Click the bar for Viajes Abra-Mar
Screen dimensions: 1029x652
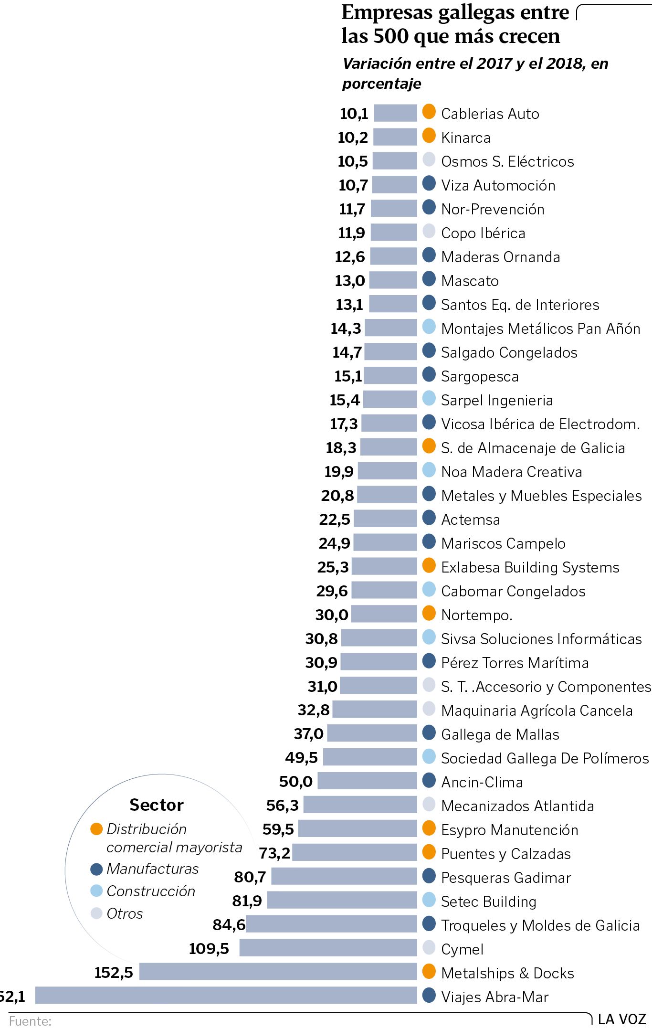click(226, 996)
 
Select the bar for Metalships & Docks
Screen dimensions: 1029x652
click(278, 972)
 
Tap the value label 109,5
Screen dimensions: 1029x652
click(209, 948)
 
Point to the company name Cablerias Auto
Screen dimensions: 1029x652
click(490, 114)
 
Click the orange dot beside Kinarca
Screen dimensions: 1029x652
click(429, 136)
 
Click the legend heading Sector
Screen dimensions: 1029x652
click(157, 805)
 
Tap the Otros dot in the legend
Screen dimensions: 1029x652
click(96, 913)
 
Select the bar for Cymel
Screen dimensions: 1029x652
click(328, 948)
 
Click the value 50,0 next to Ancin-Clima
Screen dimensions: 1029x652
click(296, 782)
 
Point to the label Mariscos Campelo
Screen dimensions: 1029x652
click(503, 543)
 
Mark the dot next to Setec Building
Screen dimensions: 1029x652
click(429, 900)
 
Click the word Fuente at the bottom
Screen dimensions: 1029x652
click(30, 1021)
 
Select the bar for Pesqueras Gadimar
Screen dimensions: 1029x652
click(344, 876)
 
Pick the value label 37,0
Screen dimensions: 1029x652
click(308, 734)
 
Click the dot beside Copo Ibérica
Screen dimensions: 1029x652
click(429, 232)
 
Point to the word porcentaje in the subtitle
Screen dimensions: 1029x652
click(382, 84)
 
